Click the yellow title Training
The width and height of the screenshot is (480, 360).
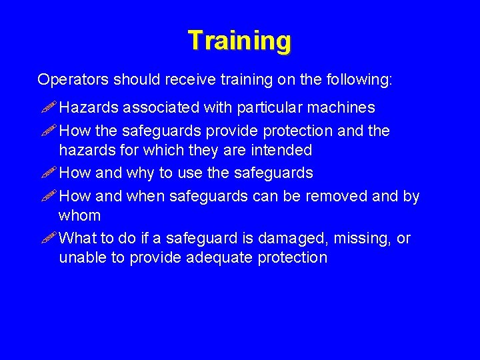point(239,41)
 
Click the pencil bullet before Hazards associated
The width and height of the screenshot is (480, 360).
point(49,107)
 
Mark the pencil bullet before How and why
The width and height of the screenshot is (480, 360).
point(49,173)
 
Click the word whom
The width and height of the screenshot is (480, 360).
point(79,215)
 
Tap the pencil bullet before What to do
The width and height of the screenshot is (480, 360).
point(49,239)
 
